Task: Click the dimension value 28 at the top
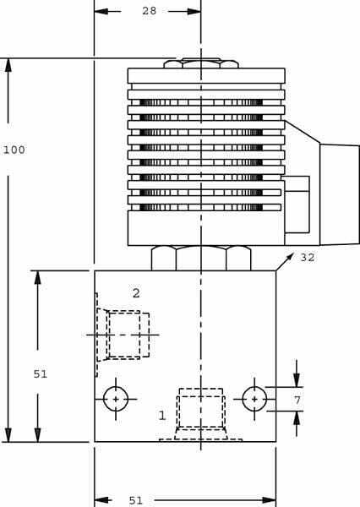click(149, 11)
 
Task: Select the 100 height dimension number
click(14, 150)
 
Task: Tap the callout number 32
click(308, 258)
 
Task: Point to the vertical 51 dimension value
click(41, 374)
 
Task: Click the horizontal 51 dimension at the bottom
click(136, 500)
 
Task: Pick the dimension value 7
click(297, 401)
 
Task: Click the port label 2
click(136, 293)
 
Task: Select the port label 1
click(162, 415)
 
